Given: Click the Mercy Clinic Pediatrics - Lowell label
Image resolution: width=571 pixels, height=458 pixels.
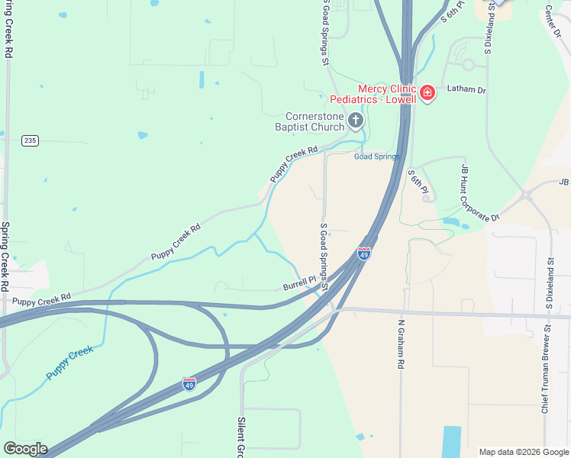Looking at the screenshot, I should tap(373, 94).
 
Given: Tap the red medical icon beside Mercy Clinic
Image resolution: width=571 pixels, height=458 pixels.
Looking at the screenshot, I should tap(427, 94).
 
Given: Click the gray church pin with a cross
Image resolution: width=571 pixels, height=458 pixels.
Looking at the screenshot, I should tap(355, 120).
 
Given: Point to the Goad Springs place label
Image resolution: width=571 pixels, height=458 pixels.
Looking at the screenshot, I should tap(376, 156).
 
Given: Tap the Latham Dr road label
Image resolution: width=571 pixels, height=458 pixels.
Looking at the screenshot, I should tap(466, 90).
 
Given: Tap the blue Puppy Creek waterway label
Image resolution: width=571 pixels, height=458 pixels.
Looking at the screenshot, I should tap(69, 363).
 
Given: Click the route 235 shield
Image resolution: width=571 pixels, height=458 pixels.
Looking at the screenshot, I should tap(30, 140).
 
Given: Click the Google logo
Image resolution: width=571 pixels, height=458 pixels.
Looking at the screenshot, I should tap(24, 449).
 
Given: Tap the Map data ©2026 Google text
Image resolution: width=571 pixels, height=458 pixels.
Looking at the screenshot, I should tap(524, 452).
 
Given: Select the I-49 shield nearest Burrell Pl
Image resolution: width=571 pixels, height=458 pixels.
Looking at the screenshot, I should tap(364, 253).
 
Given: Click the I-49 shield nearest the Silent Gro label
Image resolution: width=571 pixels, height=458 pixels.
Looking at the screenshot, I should tap(189, 384).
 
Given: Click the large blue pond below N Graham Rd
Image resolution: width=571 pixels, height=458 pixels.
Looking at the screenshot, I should tap(451, 440).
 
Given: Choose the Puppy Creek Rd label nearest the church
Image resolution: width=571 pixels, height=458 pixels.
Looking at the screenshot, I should tap(292, 164).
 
